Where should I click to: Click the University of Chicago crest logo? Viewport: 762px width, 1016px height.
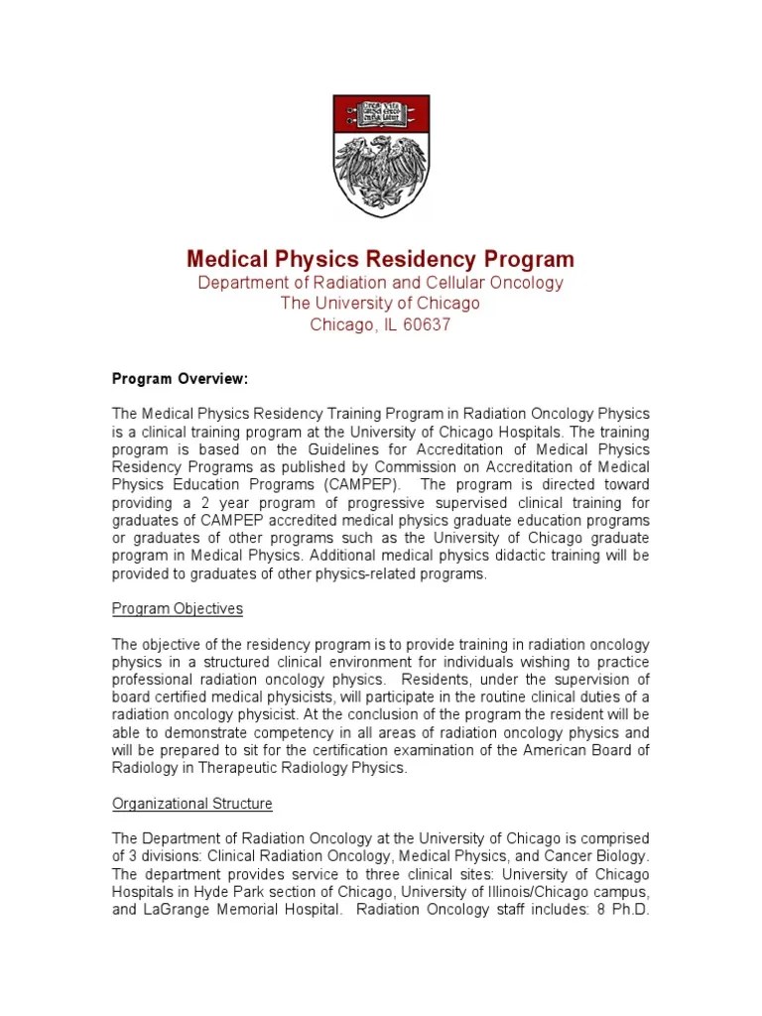pyautogui.click(x=381, y=156)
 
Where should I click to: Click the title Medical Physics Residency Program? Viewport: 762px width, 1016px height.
pyautogui.click(x=381, y=260)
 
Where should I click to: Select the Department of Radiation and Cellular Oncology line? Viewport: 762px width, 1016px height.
pyautogui.click(x=381, y=283)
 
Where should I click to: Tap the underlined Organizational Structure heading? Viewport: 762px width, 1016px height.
pyautogui.click(x=192, y=804)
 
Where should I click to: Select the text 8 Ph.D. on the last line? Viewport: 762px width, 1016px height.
pyautogui.click(x=620, y=910)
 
